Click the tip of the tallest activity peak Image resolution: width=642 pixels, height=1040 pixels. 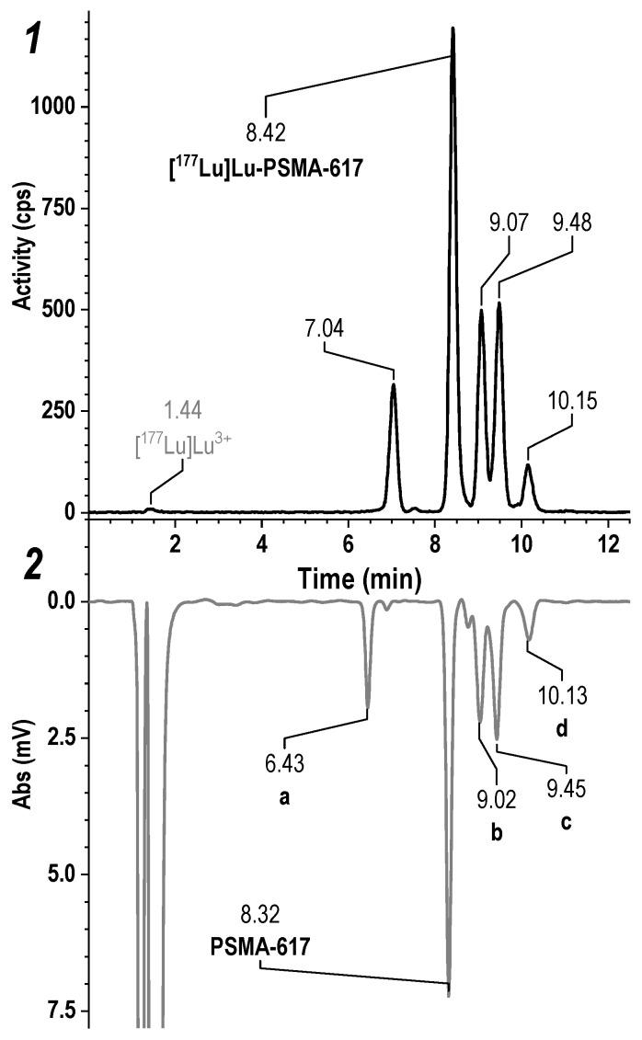coord(453,29)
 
